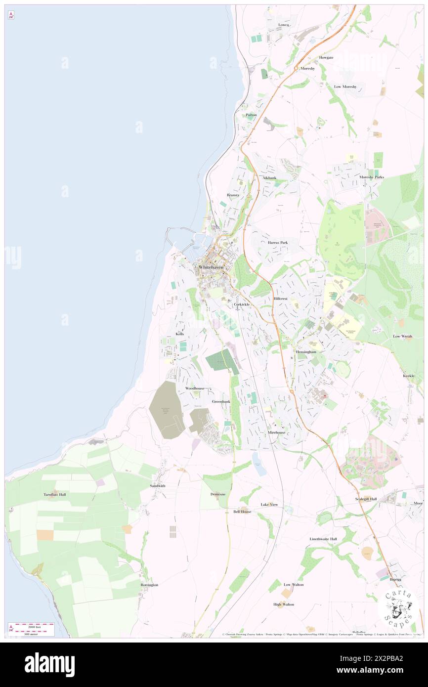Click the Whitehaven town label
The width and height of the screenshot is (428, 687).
(211, 267)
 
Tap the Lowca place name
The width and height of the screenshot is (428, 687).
(284, 25)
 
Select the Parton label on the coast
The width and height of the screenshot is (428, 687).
(252, 115)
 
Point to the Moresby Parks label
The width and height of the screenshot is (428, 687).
(372, 177)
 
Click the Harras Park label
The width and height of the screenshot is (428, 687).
(277, 243)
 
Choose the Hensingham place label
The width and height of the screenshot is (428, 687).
(306, 351)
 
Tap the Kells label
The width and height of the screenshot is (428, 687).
(180, 335)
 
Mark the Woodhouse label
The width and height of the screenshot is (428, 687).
(195, 388)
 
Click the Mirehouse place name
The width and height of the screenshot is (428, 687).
(276, 432)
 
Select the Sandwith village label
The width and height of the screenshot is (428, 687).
(158, 486)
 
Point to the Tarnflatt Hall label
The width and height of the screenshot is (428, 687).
(54, 494)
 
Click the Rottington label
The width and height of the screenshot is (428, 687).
(149, 585)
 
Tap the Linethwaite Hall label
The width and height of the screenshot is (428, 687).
(323, 539)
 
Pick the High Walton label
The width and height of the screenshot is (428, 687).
(284, 604)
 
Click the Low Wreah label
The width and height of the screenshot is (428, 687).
(402, 336)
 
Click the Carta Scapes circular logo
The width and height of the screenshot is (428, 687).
(398, 607)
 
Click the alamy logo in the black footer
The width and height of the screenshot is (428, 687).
(49, 665)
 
